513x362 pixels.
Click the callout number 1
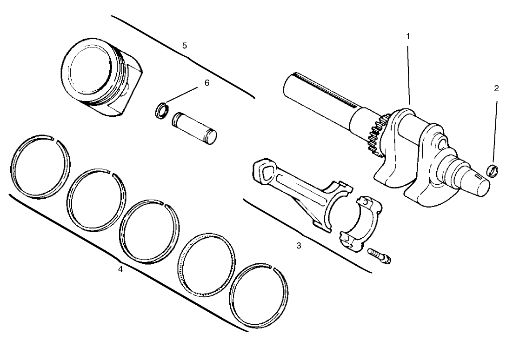pyautogui.click(x=408, y=36)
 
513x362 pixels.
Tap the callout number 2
pyautogui.click(x=496, y=89)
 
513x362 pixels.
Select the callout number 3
pyautogui.click(x=299, y=246)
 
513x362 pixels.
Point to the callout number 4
pyautogui.click(x=120, y=269)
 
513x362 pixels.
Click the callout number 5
pyautogui.click(x=185, y=46)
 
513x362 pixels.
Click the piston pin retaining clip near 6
pyautogui.click(x=161, y=112)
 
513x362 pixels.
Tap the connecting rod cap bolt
pyautogui.click(x=380, y=255)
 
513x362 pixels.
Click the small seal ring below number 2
pyautogui.click(x=493, y=171)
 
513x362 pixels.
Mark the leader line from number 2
pyautogui.click(x=495, y=130)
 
